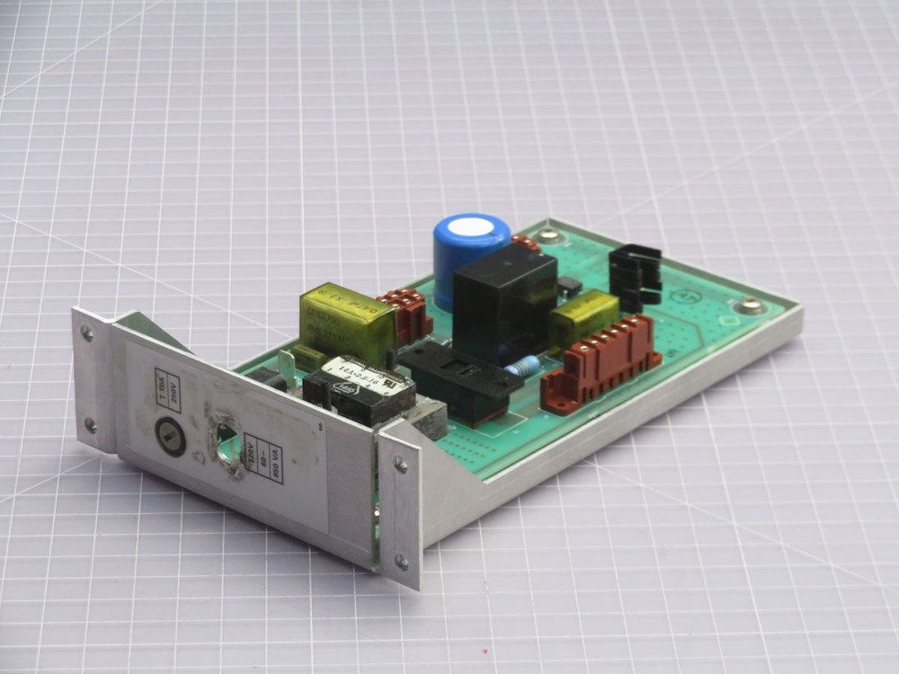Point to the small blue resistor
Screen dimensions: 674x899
(x=523, y=367)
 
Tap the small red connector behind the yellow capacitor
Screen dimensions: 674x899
(x=405, y=314)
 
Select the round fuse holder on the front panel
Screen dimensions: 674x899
(x=171, y=434)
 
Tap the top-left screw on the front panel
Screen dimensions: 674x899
(x=87, y=333)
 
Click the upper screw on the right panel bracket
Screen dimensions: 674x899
(x=400, y=465)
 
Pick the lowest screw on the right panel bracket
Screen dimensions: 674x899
(x=402, y=563)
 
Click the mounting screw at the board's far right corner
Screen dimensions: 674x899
(x=749, y=306)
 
